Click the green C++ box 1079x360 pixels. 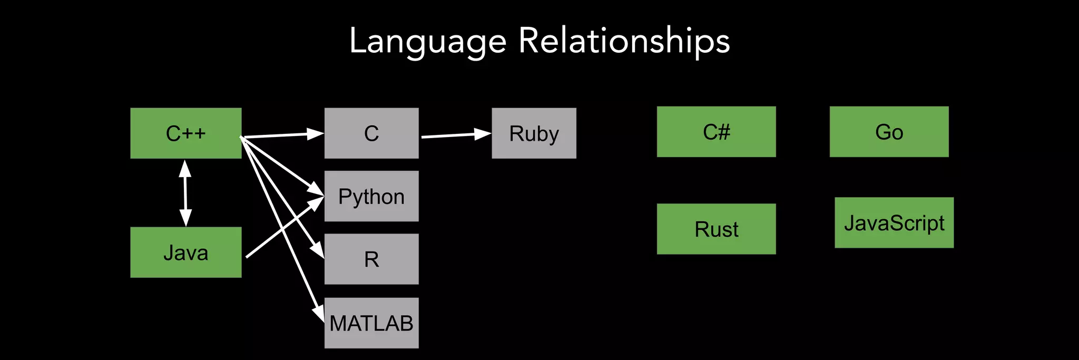185,133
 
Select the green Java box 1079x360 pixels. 185,252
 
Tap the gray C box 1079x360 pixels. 371,133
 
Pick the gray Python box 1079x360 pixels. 371,196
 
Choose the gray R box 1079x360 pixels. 371,259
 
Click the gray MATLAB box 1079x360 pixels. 371,323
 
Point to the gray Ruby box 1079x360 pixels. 534,133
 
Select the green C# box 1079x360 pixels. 716,132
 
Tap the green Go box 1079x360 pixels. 889,132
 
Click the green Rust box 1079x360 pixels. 716,229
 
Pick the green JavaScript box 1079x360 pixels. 894,223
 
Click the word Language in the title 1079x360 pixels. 427,41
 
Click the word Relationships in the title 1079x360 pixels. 624,41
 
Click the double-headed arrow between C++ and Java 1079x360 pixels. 185,193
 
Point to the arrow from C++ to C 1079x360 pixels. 279,135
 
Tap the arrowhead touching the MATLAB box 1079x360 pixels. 319,313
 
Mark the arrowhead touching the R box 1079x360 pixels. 318,250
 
